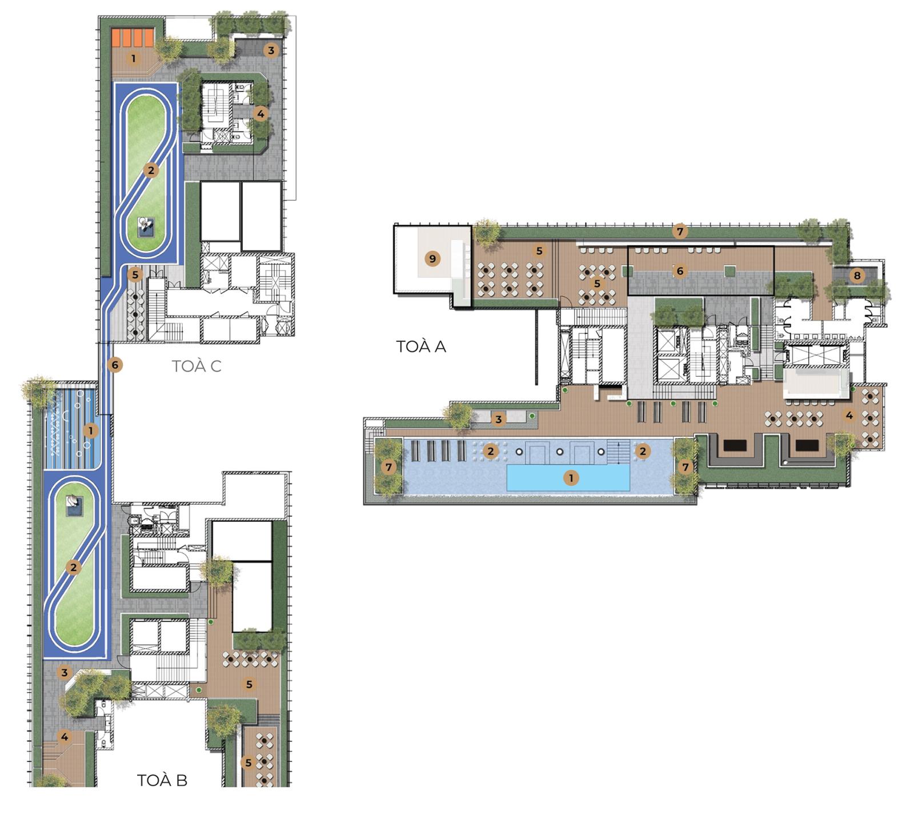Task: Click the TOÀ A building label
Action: tap(421, 346)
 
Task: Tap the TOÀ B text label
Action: tap(162, 780)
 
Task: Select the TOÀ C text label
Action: tap(197, 366)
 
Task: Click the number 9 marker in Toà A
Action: tap(432, 259)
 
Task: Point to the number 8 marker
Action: tap(857, 276)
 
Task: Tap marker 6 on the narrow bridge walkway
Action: tap(115, 365)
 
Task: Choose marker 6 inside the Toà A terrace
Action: tap(680, 271)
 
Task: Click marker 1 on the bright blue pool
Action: tap(571, 478)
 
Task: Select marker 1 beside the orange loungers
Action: tap(134, 58)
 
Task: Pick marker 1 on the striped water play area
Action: tap(90, 430)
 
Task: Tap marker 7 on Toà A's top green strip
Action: tap(679, 232)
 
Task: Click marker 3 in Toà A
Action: tap(498, 420)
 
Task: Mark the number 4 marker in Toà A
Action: tap(849, 416)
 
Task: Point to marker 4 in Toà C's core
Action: tap(260, 114)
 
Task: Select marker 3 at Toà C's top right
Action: tap(271, 50)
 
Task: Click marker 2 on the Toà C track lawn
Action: tap(151, 170)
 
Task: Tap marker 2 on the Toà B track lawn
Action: tap(73, 568)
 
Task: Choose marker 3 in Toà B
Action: tap(65, 673)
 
